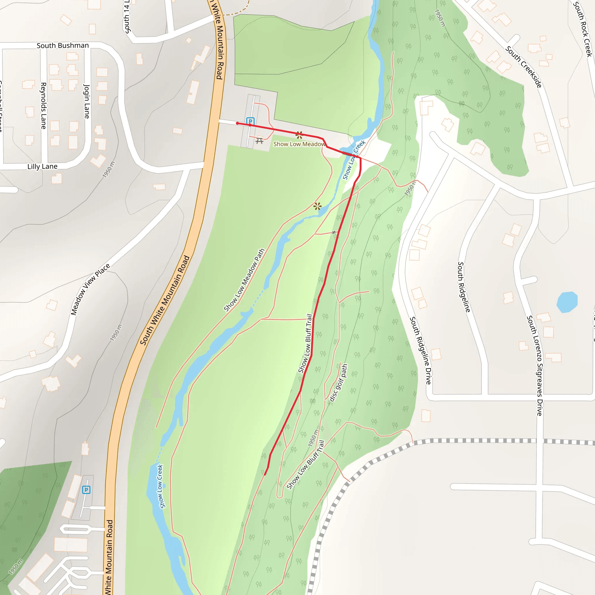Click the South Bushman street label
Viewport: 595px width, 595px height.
pyautogui.click(x=62, y=46)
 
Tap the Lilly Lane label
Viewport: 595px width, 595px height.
pyautogui.click(x=42, y=166)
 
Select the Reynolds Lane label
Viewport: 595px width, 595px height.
pyautogui.click(x=43, y=106)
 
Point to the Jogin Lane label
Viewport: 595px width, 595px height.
pyautogui.click(x=87, y=101)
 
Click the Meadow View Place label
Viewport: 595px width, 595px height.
pyautogui.click(x=90, y=289)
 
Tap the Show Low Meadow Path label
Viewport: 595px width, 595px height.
pyautogui.click(x=244, y=280)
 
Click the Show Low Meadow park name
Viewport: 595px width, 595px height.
pyautogui.click(x=299, y=144)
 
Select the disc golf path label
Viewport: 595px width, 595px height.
pyautogui.click(x=338, y=383)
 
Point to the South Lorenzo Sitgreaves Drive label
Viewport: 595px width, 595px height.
pyautogui.click(x=535, y=365)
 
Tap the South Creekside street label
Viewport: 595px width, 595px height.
pyautogui.click(x=524, y=67)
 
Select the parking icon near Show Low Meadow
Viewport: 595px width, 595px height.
pyautogui.click(x=250, y=121)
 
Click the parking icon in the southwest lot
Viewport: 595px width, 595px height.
pyautogui.click(x=86, y=490)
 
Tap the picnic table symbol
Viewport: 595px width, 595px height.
pyautogui.click(x=259, y=141)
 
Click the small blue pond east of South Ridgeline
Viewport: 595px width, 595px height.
pyautogui.click(x=567, y=302)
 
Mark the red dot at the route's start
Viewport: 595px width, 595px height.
pyautogui.click(x=237, y=123)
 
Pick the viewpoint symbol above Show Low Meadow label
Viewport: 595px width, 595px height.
pyautogui.click(x=299, y=135)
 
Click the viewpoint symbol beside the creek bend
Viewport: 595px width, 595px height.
pyautogui.click(x=318, y=206)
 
